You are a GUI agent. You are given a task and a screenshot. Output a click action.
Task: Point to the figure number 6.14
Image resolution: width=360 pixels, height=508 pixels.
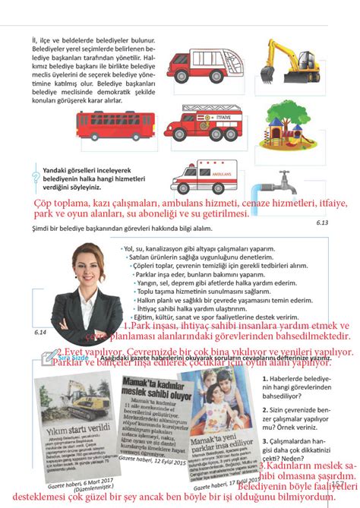(x=41, y=333)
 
